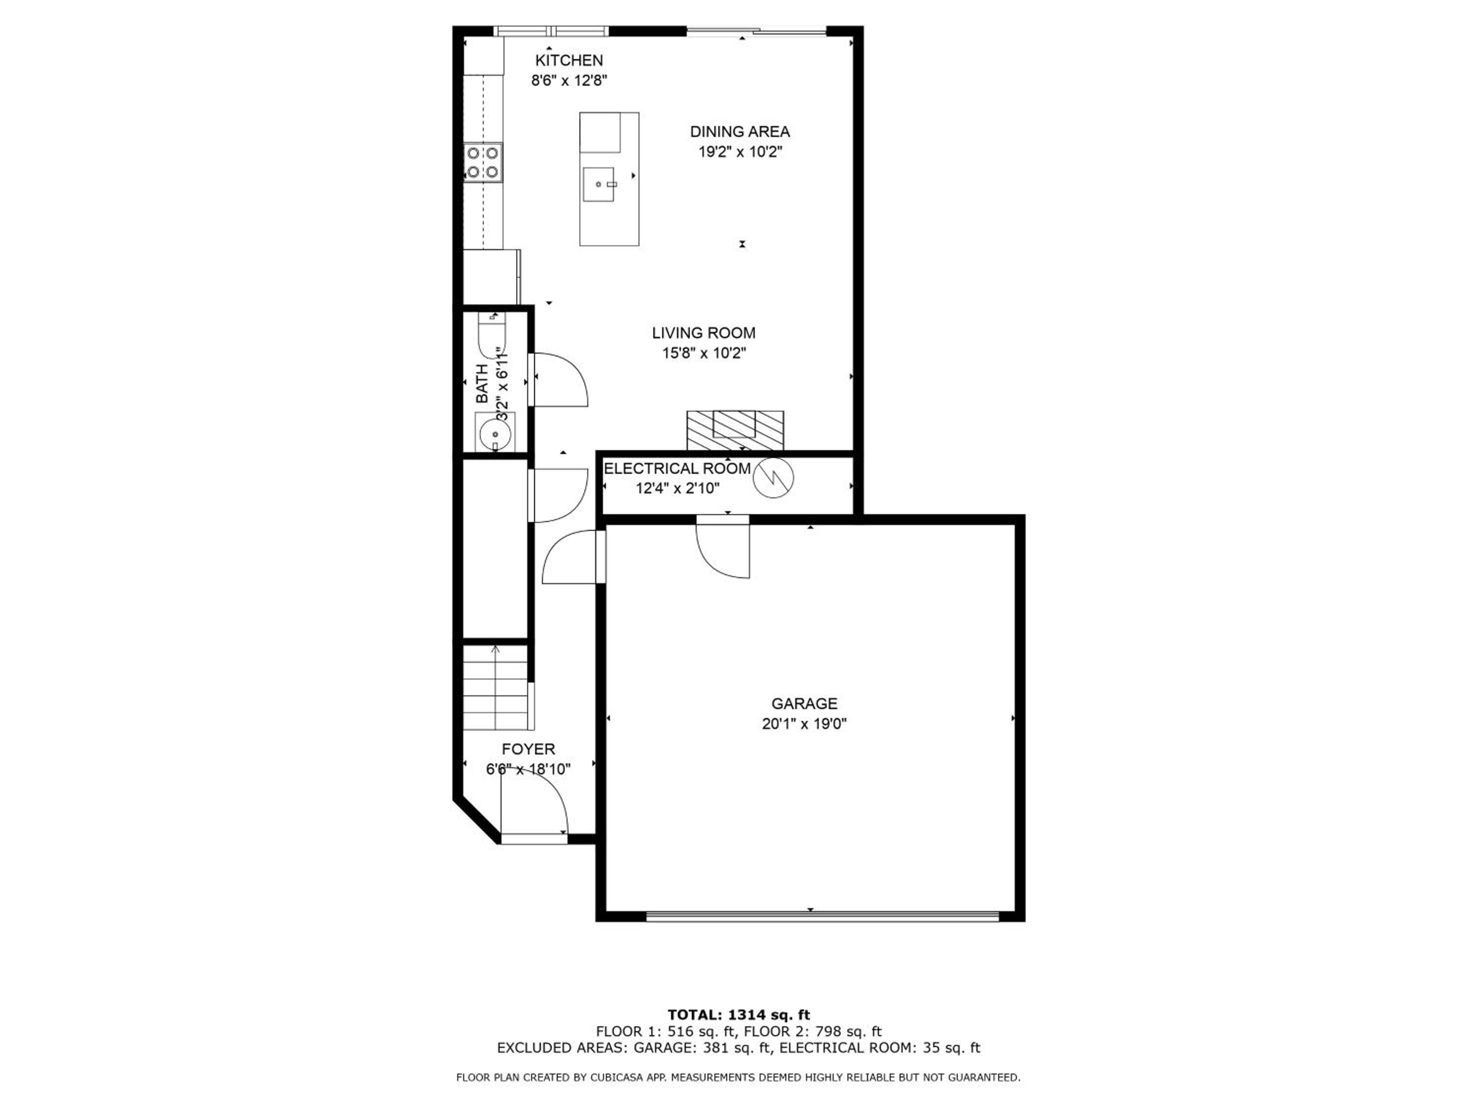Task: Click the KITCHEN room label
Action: coord(570,60)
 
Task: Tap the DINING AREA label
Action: coord(739,131)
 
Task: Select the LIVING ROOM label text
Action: coord(704,332)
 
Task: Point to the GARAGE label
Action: coord(804,703)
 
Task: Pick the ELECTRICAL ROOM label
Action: coord(677,468)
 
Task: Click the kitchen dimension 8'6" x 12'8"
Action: coord(570,81)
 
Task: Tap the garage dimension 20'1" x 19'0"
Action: coord(805,723)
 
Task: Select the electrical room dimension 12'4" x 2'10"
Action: coord(677,488)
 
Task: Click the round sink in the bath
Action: coord(495,433)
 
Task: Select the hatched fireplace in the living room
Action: coord(735,431)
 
